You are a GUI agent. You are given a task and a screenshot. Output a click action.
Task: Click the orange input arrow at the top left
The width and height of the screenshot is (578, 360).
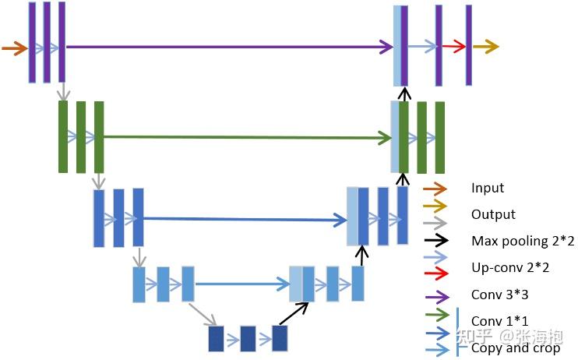click(x=15, y=48)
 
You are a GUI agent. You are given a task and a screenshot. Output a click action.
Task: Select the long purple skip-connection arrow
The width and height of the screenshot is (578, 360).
click(x=229, y=47)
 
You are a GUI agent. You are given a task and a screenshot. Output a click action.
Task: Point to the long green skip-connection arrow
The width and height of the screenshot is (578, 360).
click(x=248, y=138)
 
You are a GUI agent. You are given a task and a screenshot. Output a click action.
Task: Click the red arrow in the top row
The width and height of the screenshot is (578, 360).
click(x=454, y=46)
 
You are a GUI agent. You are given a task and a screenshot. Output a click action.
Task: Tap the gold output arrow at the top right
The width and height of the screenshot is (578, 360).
click(x=486, y=47)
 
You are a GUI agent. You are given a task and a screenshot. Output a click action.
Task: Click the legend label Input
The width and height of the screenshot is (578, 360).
click(x=488, y=188)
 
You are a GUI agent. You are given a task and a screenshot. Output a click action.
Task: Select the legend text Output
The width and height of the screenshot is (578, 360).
click(x=493, y=214)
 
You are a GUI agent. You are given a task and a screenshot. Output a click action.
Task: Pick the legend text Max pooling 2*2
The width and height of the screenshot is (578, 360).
click(x=523, y=241)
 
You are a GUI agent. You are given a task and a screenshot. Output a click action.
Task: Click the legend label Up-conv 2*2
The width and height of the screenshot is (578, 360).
click(x=510, y=267)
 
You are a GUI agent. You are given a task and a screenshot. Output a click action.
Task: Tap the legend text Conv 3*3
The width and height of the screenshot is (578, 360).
click(x=499, y=295)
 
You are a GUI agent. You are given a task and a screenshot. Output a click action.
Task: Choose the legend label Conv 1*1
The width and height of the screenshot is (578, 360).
click(x=499, y=321)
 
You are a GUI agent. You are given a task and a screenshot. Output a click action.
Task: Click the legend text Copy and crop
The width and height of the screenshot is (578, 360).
click(x=516, y=348)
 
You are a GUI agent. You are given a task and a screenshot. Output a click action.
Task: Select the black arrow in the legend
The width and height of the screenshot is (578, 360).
click(x=436, y=241)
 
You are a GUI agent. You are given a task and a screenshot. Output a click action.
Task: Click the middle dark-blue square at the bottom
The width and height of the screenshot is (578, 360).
click(x=248, y=338)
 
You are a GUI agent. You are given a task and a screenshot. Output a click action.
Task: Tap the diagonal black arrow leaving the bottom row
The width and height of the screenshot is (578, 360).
click(x=294, y=313)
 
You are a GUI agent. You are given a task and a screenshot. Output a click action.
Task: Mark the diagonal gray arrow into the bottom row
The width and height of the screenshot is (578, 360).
click(x=203, y=314)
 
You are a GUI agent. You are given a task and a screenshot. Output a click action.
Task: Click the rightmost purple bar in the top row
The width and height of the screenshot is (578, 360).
click(x=468, y=45)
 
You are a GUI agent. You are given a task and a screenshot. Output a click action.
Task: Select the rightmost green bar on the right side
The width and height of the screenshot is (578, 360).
click(x=440, y=138)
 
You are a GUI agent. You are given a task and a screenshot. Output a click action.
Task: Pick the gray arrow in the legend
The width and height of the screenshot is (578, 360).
click(x=435, y=223)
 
